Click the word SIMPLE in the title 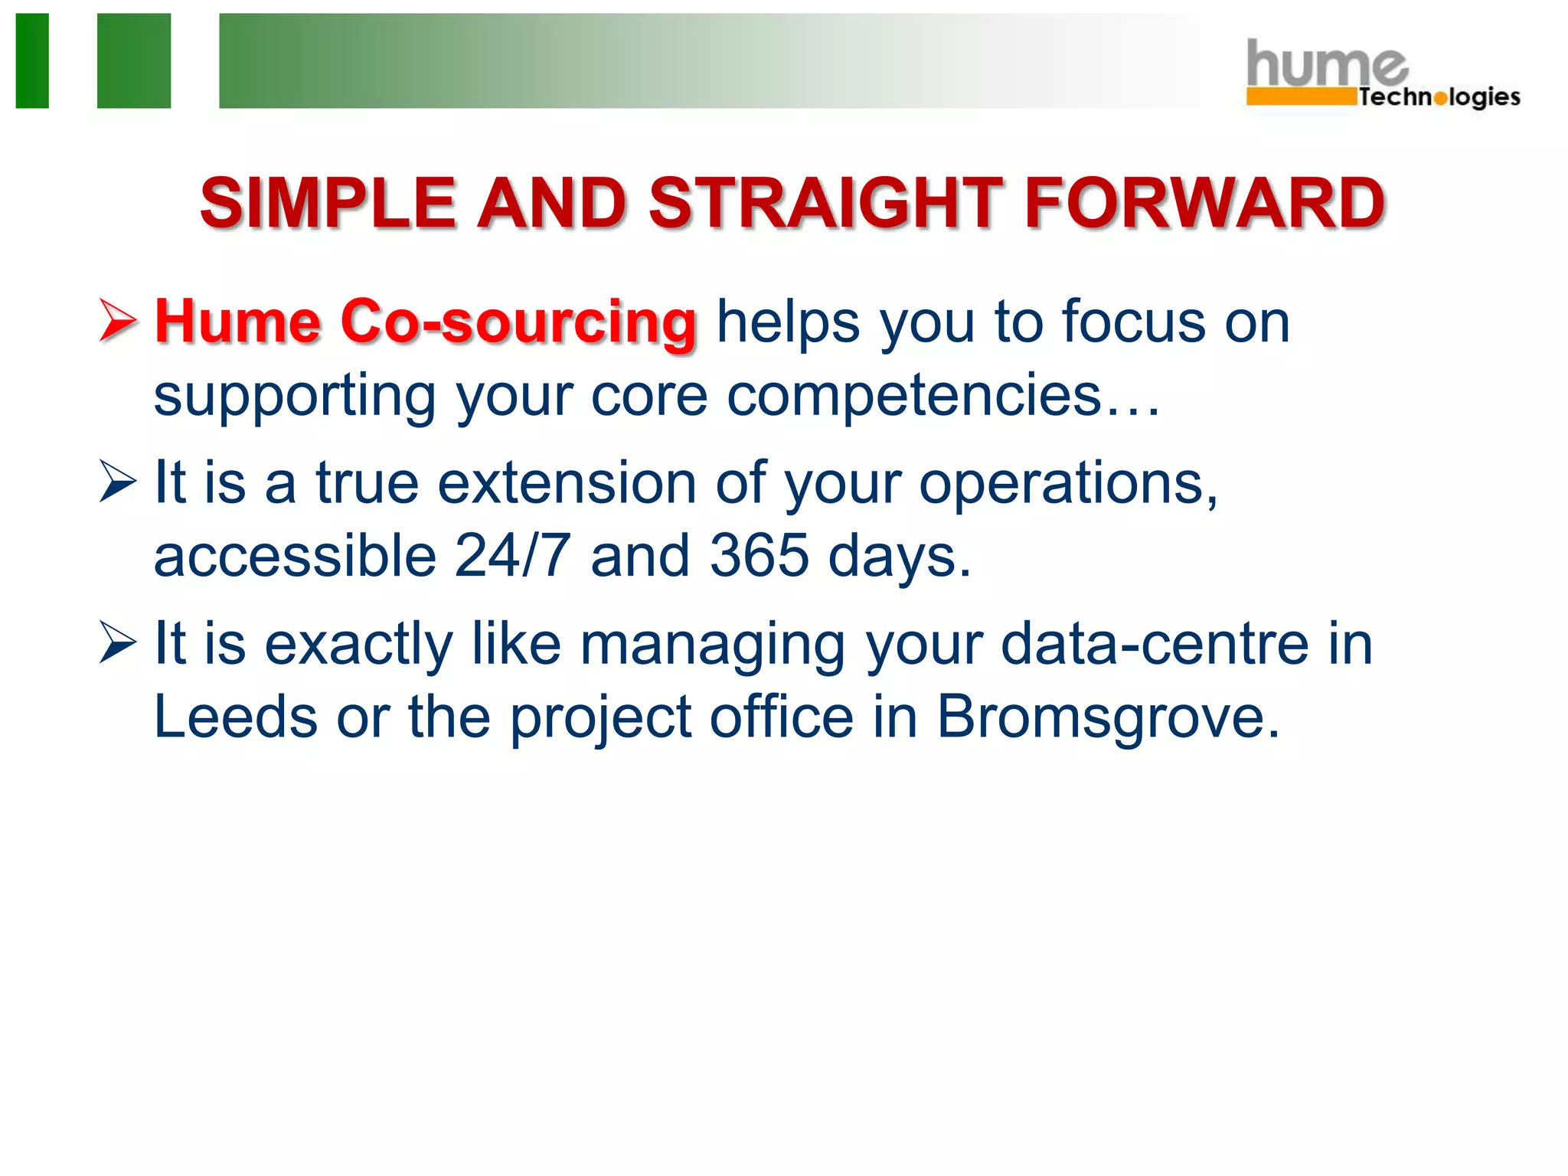(x=328, y=204)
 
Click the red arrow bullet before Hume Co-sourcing (x=118, y=320)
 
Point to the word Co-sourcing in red (x=518, y=322)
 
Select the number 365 (x=759, y=555)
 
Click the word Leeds (x=235, y=717)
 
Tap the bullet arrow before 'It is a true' (x=118, y=482)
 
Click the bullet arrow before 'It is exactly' (x=118, y=642)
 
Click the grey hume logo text (x=1326, y=64)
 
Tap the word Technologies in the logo (x=1439, y=97)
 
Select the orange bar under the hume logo (x=1300, y=97)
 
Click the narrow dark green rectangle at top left (x=32, y=60)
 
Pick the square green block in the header (x=134, y=60)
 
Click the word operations (x=1067, y=484)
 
